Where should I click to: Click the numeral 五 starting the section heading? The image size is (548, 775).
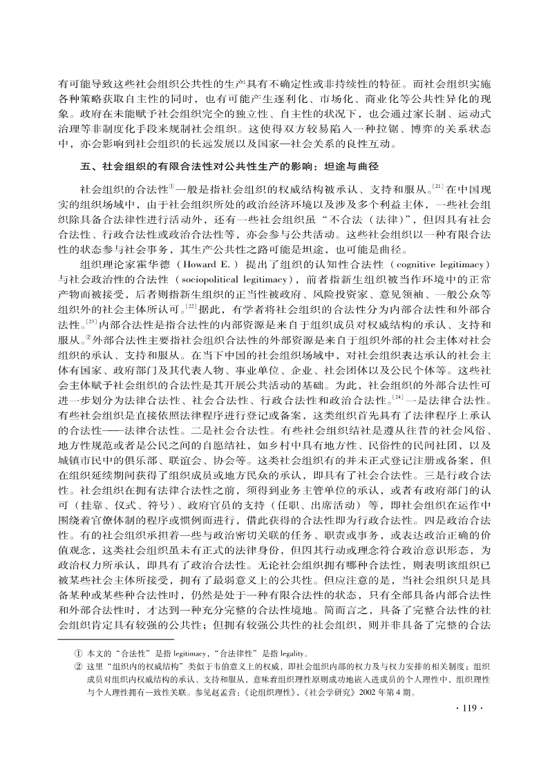84,166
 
